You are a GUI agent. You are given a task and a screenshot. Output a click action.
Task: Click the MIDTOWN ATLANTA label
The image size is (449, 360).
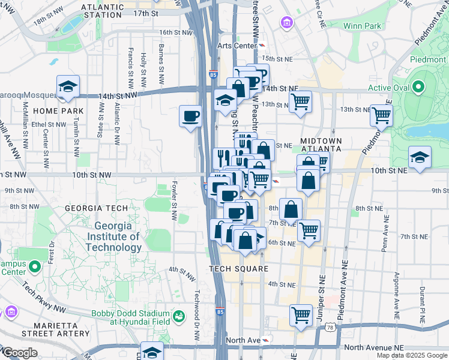321,145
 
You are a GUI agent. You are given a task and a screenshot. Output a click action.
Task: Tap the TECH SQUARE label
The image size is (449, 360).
238,269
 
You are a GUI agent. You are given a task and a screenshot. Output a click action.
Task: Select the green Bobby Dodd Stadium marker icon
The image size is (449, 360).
178,316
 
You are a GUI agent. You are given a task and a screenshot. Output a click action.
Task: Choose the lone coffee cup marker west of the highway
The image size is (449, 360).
191,115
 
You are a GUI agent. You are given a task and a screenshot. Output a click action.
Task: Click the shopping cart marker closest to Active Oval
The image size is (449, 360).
381,115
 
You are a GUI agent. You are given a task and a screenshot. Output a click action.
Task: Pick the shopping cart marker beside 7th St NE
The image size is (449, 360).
309,230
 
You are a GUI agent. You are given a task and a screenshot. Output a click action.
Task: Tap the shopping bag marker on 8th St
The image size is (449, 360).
291,209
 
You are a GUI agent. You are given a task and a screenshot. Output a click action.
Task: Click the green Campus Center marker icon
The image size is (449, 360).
35,265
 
